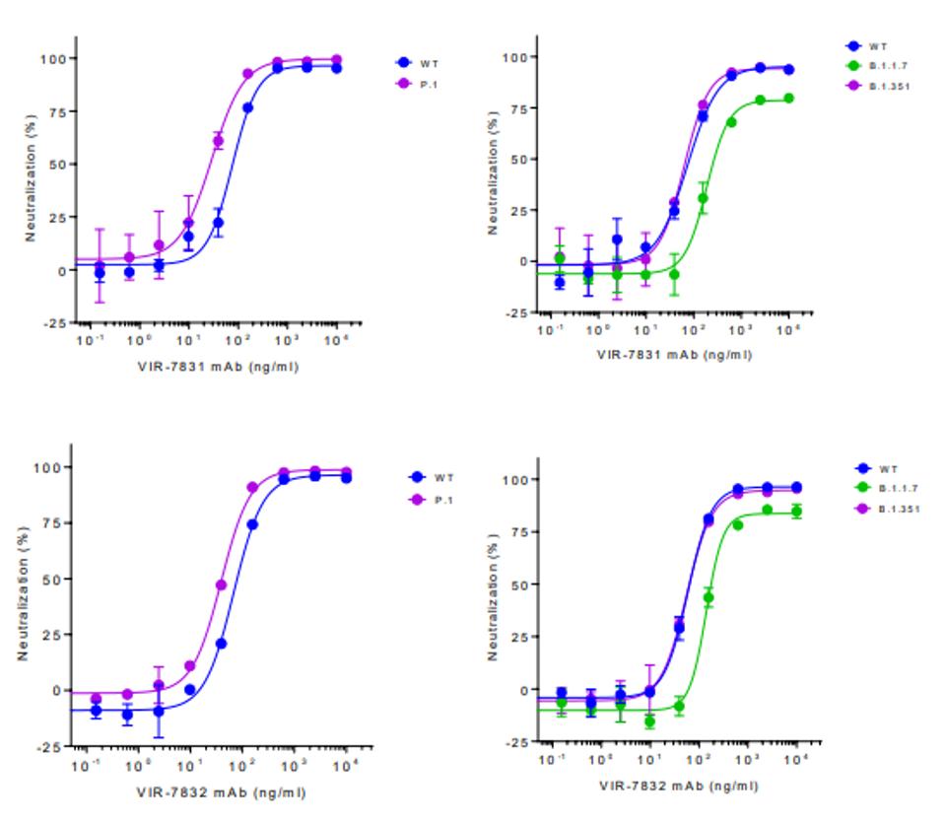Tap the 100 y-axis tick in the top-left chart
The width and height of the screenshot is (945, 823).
[x=52, y=58]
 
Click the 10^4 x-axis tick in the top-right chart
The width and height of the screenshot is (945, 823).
[x=789, y=328]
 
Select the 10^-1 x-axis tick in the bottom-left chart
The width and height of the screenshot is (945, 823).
[x=93, y=765]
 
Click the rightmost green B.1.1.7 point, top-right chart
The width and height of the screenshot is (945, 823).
[x=788, y=98]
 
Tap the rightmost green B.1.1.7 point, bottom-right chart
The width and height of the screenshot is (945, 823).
[x=796, y=511]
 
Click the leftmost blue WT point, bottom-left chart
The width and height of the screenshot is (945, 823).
[x=96, y=710]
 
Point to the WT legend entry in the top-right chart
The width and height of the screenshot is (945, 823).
[x=867, y=45]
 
